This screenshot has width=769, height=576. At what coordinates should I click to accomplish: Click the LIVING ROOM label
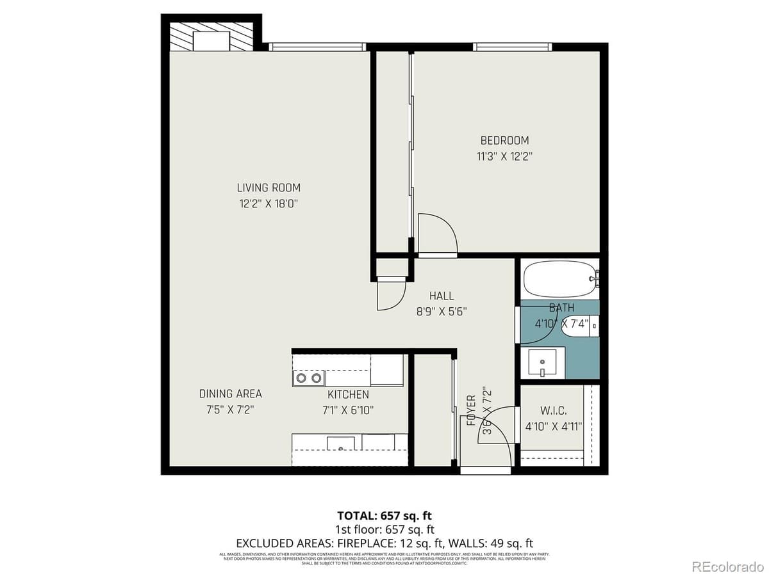click(x=269, y=188)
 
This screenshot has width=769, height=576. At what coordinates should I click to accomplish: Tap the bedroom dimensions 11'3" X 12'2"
click(x=505, y=155)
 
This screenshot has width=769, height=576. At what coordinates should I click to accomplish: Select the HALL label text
click(x=442, y=296)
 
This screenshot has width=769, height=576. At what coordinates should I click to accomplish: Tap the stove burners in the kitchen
click(x=308, y=378)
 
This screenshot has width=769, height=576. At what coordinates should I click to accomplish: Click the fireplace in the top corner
click(x=211, y=37)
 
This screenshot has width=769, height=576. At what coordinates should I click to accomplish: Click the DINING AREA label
click(x=230, y=394)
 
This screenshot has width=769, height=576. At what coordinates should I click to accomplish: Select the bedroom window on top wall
click(x=513, y=47)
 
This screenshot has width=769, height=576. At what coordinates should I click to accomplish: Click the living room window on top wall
click(x=317, y=47)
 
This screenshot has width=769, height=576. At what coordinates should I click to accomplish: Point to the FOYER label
click(x=472, y=411)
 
